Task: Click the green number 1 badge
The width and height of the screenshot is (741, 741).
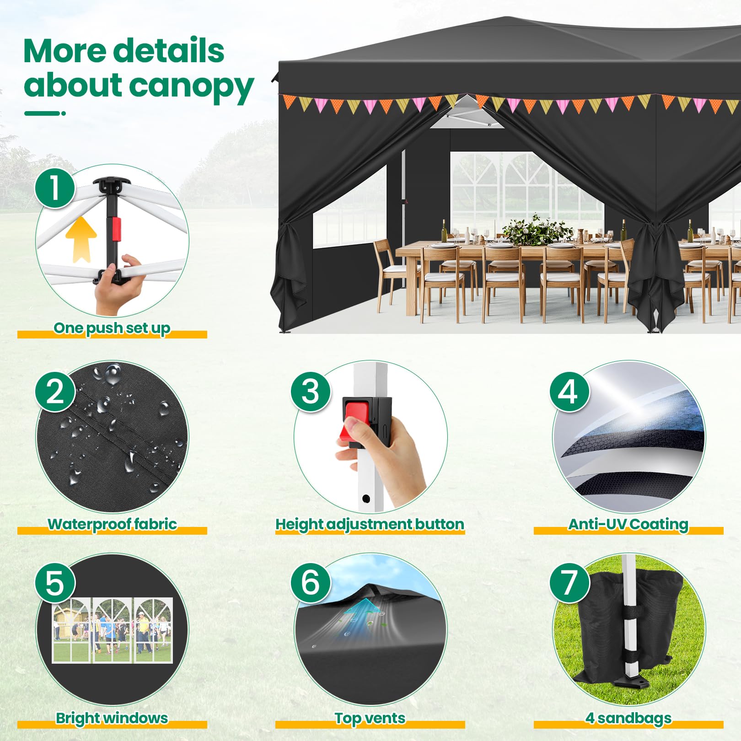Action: click(55, 188)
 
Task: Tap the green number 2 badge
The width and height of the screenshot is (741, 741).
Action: click(55, 392)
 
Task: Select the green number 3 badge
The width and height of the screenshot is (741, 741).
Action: click(311, 392)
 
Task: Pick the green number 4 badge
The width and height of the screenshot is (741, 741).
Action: click(569, 392)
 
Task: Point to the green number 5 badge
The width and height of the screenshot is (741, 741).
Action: click(55, 583)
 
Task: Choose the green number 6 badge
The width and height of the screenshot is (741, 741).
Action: click(311, 583)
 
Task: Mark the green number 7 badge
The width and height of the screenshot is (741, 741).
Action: click(569, 583)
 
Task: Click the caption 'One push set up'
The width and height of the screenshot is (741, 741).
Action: click(112, 328)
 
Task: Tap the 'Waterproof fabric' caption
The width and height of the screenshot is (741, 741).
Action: click(112, 524)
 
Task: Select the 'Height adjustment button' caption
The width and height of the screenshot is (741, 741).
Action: click(370, 524)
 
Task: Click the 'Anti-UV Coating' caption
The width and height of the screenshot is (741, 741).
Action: click(628, 524)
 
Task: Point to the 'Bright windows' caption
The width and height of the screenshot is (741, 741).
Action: click(112, 718)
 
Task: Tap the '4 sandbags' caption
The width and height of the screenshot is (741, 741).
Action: click(628, 718)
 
